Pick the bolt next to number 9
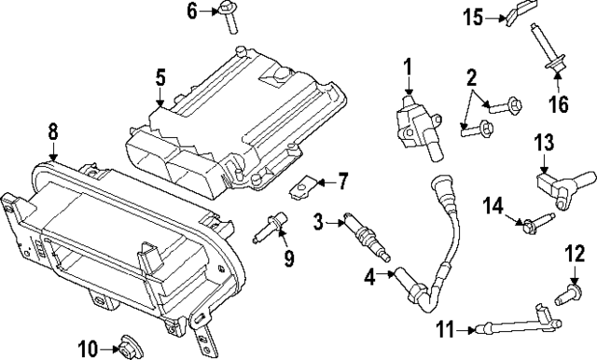(271, 227)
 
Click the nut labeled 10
(122, 349)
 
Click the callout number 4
(370, 276)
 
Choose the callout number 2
(471, 78)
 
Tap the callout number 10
(86, 350)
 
